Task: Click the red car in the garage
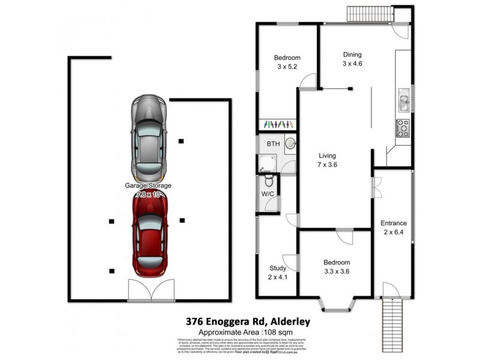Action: pyautogui.click(x=149, y=235)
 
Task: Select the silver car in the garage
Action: pyautogui.click(x=149, y=137)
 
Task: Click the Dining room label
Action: pyautogui.click(x=353, y=53)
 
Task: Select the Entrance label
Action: pyautogui.click(x=394, y=223)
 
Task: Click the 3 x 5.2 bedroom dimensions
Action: pyautogui.click(x=287, y=67)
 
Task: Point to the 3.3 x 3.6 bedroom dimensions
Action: pyautogui.click(x=337, y=272)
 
